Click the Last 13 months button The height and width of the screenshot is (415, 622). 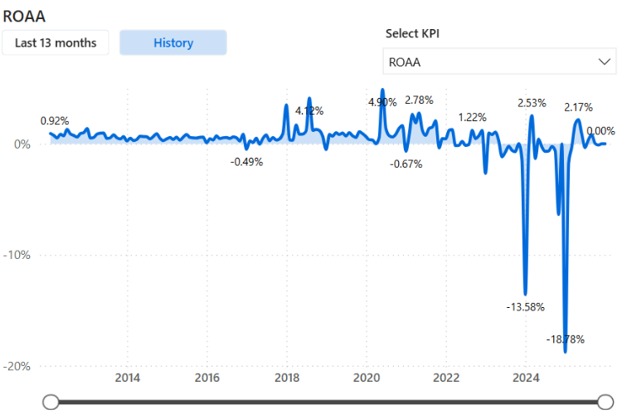pos(56,43)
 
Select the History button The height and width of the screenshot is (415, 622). pos(173,43)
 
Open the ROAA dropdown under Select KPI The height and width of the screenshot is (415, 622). pos(499,61)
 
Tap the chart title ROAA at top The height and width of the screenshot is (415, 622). pos(24,15)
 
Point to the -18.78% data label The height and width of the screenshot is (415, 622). pos(566,339)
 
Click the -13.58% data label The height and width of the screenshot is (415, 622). pos(525,307)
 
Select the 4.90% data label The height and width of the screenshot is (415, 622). pos(382,102)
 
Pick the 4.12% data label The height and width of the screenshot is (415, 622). pos(309,110)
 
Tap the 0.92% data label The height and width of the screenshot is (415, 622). pos(55,121)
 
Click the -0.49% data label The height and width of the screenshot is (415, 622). pos(246,162)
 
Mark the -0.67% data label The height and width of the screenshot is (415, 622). pos(406,164)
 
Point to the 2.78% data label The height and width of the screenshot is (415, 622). pos(419,101)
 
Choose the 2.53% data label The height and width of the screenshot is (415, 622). pos(532,103)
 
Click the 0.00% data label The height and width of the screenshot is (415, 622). pos(600,131)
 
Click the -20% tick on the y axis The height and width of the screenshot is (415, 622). pos(17,366)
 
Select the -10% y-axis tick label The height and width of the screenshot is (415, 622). pos(17,255)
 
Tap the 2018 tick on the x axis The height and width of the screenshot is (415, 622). pos(287,378)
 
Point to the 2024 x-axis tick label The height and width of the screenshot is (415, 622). pos(526,378)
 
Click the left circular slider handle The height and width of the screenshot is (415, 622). pos(51,403)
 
